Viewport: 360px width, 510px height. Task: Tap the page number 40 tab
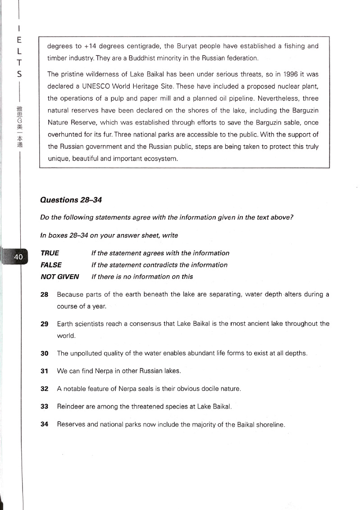pos(18,257)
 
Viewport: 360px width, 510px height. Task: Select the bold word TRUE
pos(50,253)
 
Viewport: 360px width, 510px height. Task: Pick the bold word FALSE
pos(51,265)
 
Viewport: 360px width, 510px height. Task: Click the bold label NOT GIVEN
pos(59,276)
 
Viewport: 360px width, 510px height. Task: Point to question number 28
pos(44,294)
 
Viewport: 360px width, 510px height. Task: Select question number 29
pos(44,324)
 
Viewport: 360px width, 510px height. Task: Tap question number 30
pos(44,353)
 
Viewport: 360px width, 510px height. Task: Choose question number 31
pos(44,371)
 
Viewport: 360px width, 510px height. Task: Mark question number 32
pos(44,388)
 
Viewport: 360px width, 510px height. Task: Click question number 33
pos(44,406)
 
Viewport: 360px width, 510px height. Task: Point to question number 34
pos(44,424)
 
